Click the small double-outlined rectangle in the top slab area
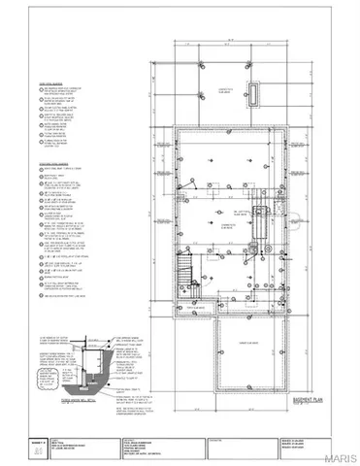coord(255,92)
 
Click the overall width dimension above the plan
coord(229,41)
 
